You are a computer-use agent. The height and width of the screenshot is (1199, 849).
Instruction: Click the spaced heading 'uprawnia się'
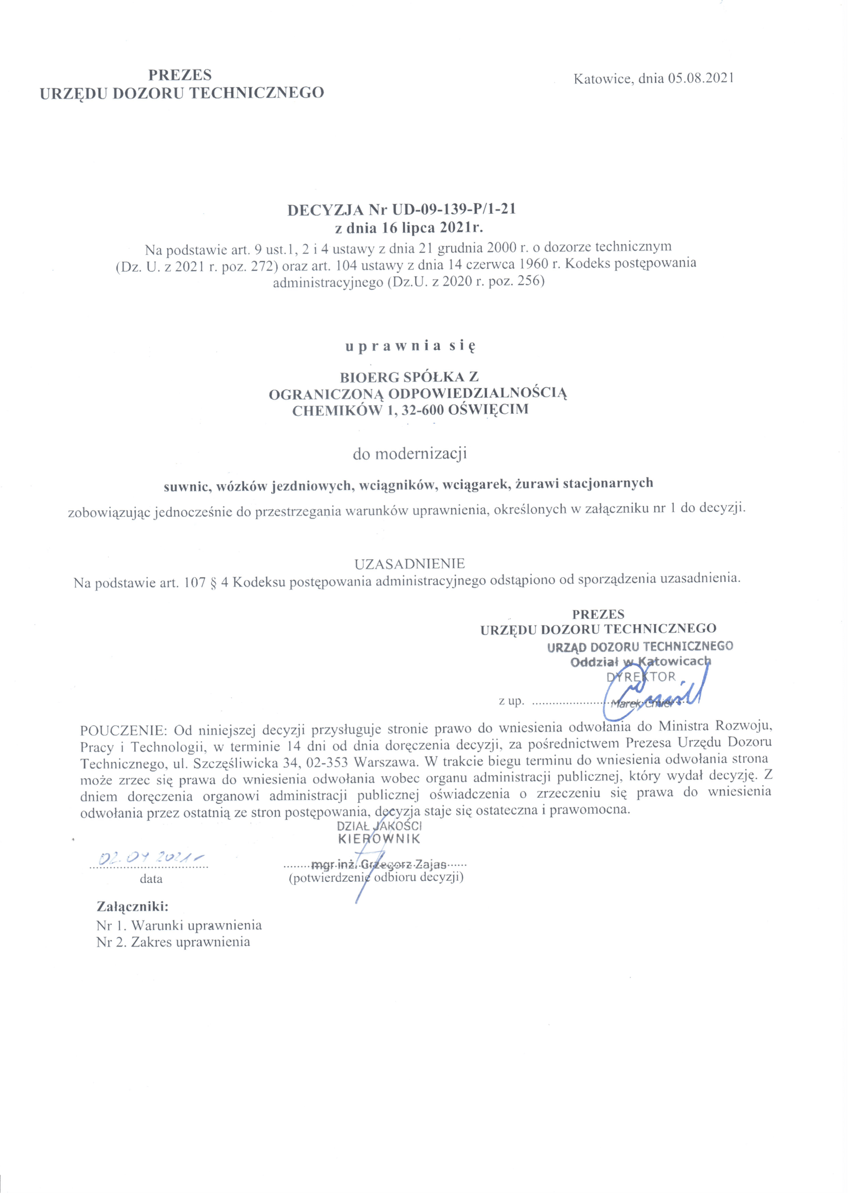[410, 346]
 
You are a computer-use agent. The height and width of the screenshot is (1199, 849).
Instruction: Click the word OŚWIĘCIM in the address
[488, 410]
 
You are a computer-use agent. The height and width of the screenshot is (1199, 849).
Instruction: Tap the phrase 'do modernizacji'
[409, 454]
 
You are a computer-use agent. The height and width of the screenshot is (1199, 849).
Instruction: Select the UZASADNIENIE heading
[409, 563]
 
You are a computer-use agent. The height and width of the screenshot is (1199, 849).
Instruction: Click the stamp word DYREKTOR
[640, 677]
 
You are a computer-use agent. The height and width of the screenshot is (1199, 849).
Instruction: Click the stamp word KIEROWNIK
[379, 839]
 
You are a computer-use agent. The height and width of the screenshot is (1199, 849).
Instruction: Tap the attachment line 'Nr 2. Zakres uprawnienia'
[173, 942]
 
